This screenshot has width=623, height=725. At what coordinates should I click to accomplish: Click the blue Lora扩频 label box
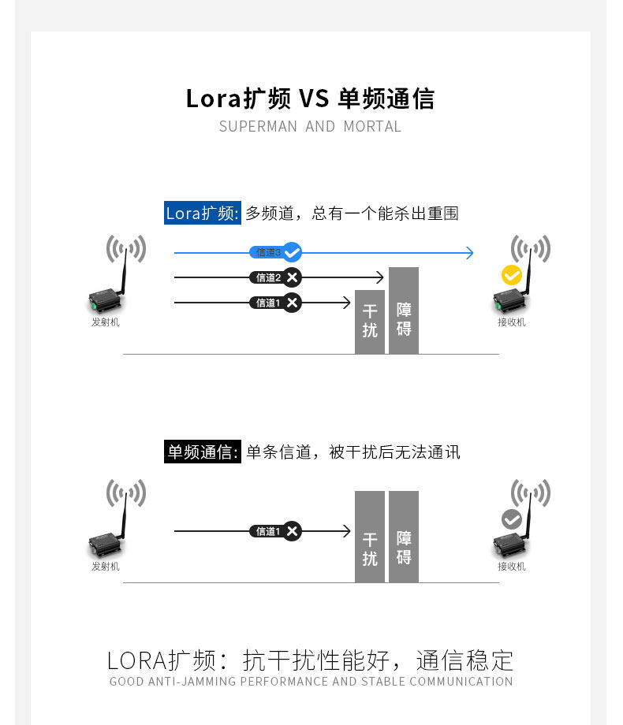(x=202, y=213)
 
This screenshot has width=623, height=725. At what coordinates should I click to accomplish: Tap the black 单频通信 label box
(x=202, y=452)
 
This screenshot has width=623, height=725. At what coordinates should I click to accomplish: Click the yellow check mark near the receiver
(x=512, y=275)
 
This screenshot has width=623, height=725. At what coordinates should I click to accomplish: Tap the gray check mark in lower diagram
(x=512, y=519)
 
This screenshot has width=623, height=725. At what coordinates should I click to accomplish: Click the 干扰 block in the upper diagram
(x=370, y=322)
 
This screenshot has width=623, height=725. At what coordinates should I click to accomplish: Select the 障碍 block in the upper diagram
(x=404, y=310)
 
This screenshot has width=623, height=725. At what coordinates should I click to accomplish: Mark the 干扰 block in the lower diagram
(x=370, y=537)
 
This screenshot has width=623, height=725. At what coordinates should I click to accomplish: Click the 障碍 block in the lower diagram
(x=404, y=537)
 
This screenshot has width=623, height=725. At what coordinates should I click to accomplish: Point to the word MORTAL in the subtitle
(x=372, y=127)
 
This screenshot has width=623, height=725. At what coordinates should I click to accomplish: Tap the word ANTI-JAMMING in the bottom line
(x=192, y=682)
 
